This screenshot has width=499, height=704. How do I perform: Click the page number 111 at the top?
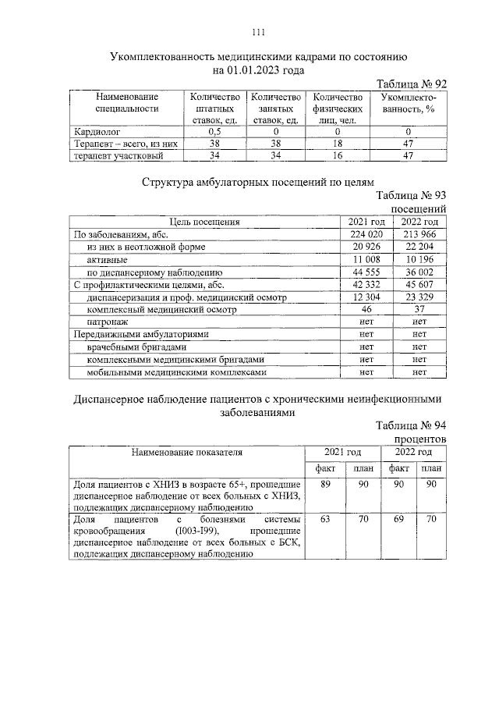tap(259, 32)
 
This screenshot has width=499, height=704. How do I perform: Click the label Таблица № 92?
tap(411, 84)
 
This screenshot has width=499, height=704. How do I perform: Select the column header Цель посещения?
tap(205, 222)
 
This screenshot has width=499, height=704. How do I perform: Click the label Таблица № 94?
tap(411, 425)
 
